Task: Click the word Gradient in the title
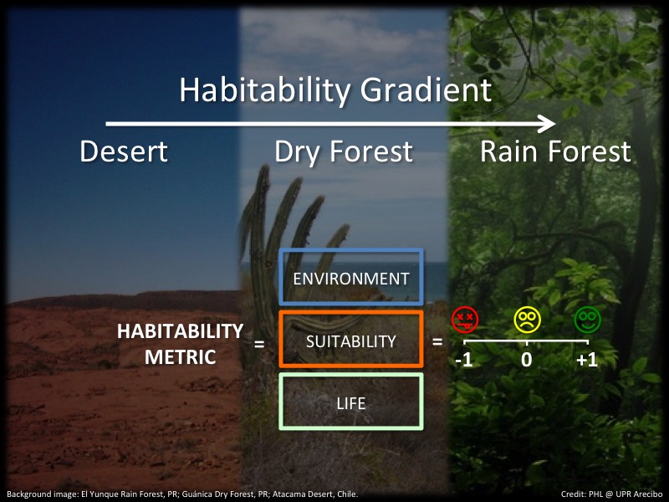426,90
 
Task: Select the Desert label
124,151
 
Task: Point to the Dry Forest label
344,153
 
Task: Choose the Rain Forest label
555,151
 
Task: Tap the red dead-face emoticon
465,320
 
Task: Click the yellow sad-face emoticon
528,320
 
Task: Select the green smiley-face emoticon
588,320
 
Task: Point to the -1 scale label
464,360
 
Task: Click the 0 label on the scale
527,360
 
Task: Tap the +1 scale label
587,360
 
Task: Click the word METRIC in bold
180,357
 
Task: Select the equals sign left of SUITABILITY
259,344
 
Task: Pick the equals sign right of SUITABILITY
437,341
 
